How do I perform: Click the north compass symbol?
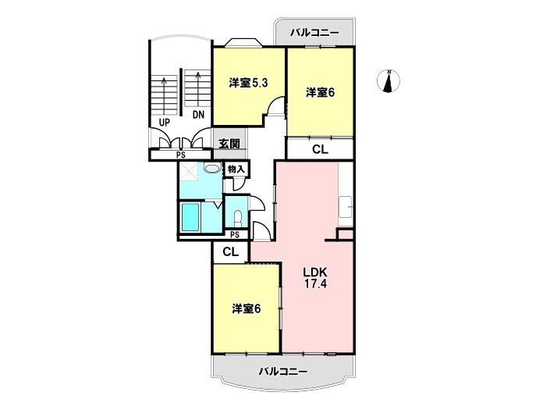[x=389, y=81]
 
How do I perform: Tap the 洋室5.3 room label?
[x=248, y=83]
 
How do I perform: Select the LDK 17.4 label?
[x=315, y=277]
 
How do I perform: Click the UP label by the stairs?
[x=164, y=123]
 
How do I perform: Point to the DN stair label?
[x=198, y=115]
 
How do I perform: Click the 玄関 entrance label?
[x=229, y=143]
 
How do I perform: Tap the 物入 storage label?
[x=236, y=169]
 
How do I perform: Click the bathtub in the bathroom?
[x=190, y=218]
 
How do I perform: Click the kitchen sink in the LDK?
[x=345, y=207]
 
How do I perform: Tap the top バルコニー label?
[x=314, y=33]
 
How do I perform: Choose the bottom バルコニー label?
[x=283, y=371]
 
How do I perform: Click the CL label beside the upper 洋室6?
[x=320, y=149]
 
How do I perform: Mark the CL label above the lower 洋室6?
[x=230, y=251]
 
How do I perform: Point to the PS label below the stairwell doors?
[x=181, y=155]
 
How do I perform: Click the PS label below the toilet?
[x=235, y=234]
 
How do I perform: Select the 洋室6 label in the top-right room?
[x=321, y=92]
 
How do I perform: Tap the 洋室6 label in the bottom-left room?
[x=247, y=308]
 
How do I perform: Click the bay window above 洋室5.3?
[x=243, y=42]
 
